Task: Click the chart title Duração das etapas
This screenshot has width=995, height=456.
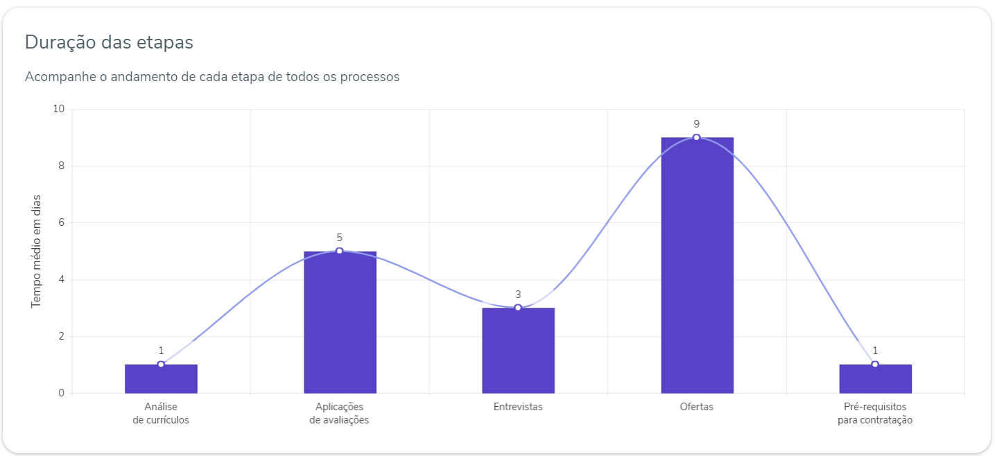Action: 109,42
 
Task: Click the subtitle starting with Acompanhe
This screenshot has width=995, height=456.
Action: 212,77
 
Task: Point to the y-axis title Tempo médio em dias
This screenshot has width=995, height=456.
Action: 37,251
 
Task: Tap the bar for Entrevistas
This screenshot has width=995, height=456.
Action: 518,353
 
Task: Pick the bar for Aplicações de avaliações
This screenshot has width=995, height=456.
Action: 340,326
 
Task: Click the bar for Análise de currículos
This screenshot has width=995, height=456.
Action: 161,380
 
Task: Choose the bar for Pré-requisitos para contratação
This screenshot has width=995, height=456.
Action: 875,380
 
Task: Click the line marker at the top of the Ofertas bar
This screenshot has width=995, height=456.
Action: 697,137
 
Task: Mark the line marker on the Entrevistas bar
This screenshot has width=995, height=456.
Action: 518,308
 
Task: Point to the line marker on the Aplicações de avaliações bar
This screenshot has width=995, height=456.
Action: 340,251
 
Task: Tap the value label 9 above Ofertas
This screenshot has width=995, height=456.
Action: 697,124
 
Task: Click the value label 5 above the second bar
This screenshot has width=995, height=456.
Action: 340,238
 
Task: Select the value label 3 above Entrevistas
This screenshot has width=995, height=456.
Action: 518,295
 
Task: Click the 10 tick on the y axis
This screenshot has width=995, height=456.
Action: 58,109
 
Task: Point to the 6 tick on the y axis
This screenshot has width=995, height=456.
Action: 61,222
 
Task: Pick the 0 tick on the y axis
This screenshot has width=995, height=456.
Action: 61,393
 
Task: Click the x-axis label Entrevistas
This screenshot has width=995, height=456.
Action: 518,407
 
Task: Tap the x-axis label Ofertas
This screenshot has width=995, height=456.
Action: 697,407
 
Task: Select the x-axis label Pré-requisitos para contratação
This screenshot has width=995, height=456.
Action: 875,414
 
